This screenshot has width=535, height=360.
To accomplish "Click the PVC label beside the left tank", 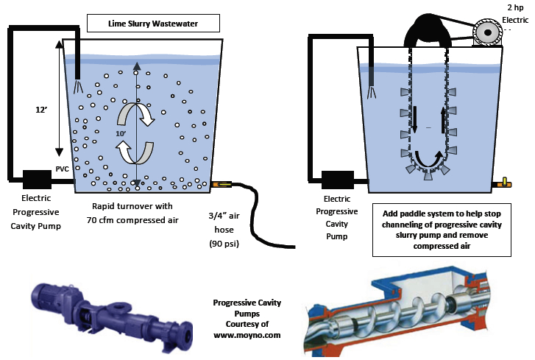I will [63, 169].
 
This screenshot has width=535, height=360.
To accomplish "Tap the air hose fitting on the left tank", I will [222, 184].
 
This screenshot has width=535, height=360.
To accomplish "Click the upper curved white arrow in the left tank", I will [138, 114].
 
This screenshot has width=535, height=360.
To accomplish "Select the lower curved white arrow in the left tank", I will [138, 152].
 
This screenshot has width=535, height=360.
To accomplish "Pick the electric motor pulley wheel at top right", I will [488, 31].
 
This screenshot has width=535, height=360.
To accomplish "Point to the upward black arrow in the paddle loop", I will [442, 116].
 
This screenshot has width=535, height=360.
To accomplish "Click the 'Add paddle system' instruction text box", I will [442, 229].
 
